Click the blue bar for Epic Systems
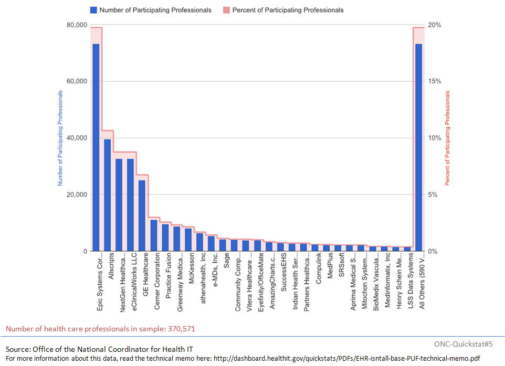click(96, 147)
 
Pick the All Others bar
click(418, 147)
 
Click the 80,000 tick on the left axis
click(76, 25)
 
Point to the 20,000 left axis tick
click(76, 195)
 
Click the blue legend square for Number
click(93, 10)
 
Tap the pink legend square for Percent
click(226, 10)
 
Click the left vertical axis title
click(60, 138)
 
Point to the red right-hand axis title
click(448, 138)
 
